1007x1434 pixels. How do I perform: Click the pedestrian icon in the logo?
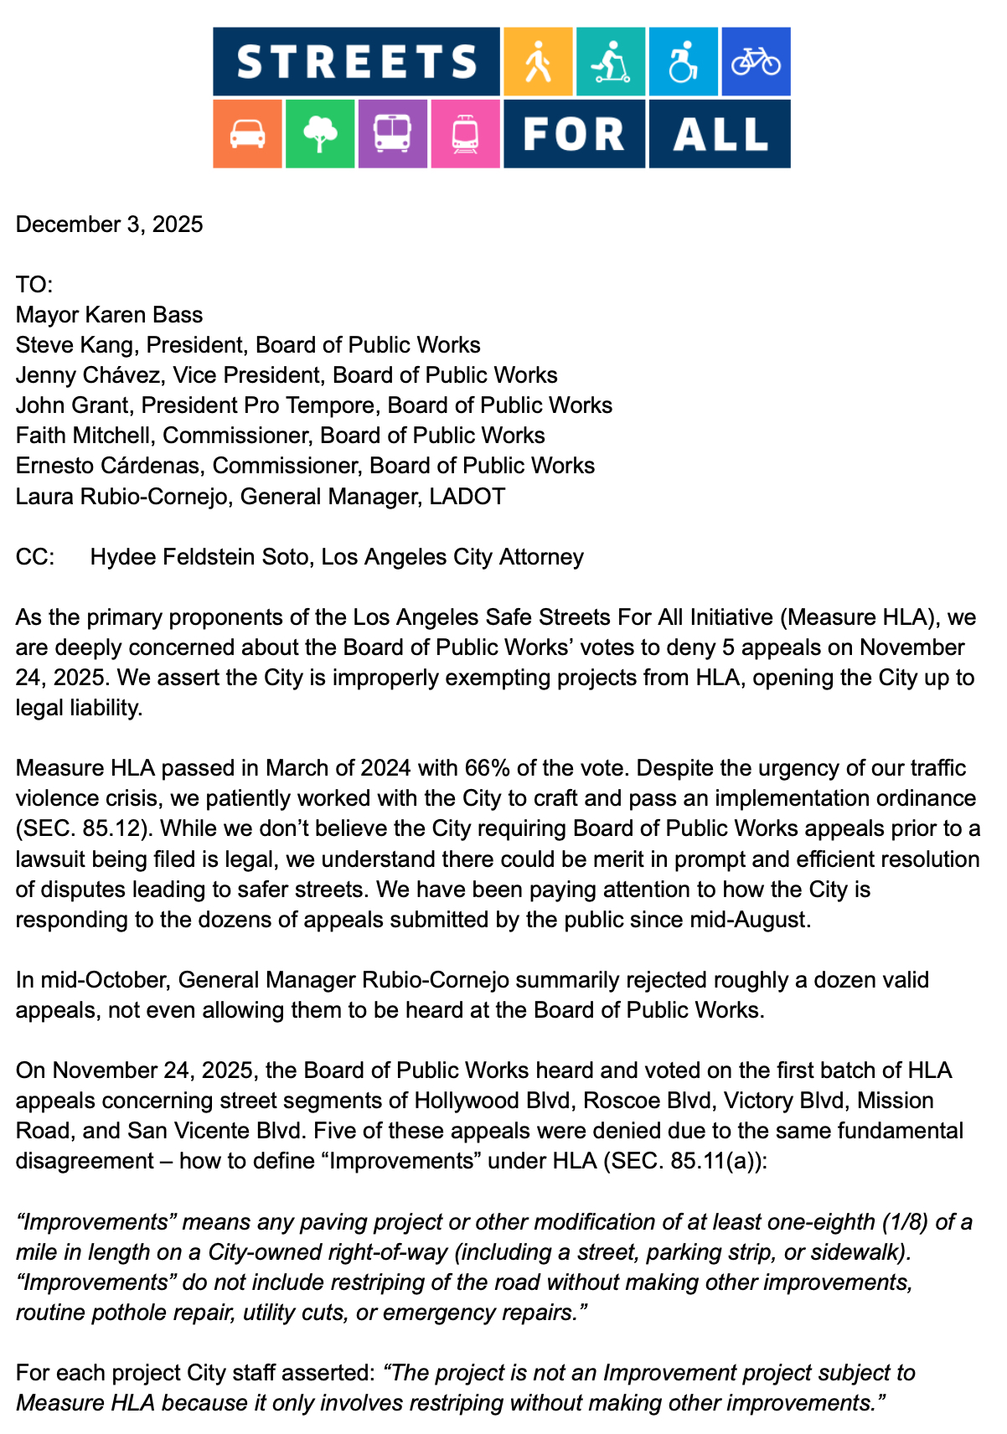[x=538, y=61]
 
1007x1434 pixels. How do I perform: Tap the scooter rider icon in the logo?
[x=610, y=61]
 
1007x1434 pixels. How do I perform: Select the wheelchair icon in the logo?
[x=683, y=61]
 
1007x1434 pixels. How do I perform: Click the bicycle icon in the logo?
[x=756, y=61]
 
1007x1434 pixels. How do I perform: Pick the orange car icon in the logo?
[x=247, y=134]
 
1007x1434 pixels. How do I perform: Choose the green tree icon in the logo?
[x=320, y=134]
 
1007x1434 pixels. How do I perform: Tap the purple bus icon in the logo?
[x=392, y=134]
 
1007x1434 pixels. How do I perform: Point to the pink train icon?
[x=465, y=134]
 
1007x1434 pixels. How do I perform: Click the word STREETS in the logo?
[x=357, y=62]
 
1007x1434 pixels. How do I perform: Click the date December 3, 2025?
[x=110, y=224]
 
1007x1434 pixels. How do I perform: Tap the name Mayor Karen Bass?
[x=110, y=315]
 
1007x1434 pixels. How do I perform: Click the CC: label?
[x=35, y=557]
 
